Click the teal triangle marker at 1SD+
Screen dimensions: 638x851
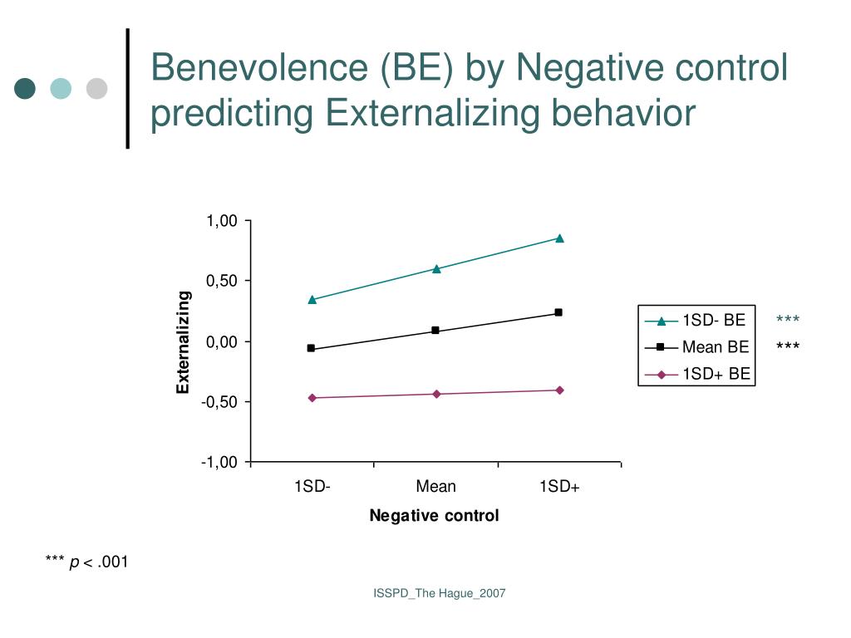coord(559,238)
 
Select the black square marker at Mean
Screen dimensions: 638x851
coord(435,331)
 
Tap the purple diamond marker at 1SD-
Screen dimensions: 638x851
coord(312,398)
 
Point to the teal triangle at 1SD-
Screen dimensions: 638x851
coord(312,300)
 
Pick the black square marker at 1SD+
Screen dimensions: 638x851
coord(558,312)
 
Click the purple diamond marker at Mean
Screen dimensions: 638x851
coord(435,394)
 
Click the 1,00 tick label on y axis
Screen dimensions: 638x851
coord(222,221)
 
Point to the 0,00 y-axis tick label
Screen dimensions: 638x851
coord(222,341)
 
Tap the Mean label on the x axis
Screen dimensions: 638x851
coord(435,487)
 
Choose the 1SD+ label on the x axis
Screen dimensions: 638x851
coord(559,487)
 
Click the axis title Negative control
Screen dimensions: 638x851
coord(434,516)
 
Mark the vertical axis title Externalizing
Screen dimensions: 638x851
coord(184,342)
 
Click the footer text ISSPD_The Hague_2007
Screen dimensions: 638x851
coord(439,593)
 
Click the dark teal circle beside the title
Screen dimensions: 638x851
coord(25,88)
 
